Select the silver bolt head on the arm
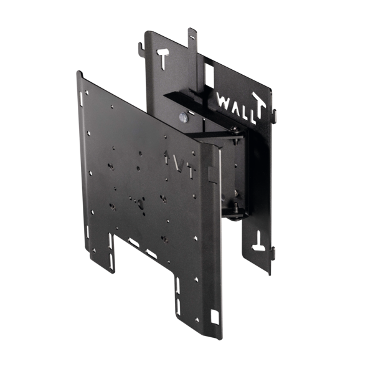click(184, 117)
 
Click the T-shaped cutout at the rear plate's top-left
click(163, 59)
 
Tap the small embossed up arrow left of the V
click(166, 157)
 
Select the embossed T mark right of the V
click(191, 170)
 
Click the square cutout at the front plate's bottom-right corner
click(214, 317)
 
